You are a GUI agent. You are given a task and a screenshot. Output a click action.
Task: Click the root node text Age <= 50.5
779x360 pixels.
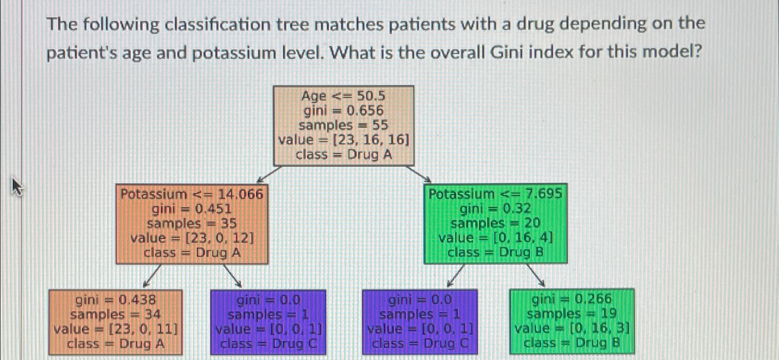pos(343,96)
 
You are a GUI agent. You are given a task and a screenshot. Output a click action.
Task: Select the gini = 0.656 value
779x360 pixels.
pos(343,111)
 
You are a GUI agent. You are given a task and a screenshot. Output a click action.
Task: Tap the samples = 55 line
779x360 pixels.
pos(343,125)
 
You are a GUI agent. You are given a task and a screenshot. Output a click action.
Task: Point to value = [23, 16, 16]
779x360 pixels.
pos(343,140)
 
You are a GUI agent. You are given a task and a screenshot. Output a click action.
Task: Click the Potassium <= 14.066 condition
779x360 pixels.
pos(192,194)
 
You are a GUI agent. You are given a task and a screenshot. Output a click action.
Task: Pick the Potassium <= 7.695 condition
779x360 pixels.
pos(495,193)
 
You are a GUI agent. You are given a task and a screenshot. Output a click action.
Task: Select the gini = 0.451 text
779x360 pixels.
pos(192,209)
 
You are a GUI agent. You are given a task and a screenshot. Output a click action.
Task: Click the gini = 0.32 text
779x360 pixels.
pos(495,208)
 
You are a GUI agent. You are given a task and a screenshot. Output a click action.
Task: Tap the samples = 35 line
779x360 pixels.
pos(192,223)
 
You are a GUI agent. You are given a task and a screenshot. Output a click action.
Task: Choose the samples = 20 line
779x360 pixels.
pos(495,223)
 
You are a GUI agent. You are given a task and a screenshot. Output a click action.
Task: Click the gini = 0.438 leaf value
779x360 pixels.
pos(115,300)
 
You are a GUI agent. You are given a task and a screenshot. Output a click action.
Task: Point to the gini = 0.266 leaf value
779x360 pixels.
pos(572,299)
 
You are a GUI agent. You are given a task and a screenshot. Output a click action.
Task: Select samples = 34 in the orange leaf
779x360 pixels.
pos(115,314)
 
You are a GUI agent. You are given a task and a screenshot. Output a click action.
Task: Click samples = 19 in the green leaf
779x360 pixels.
pos(572,314)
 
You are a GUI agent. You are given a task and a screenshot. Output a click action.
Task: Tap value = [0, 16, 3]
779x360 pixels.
pos(572,329)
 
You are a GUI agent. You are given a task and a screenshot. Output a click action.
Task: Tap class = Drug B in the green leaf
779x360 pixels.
pos(572,343)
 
